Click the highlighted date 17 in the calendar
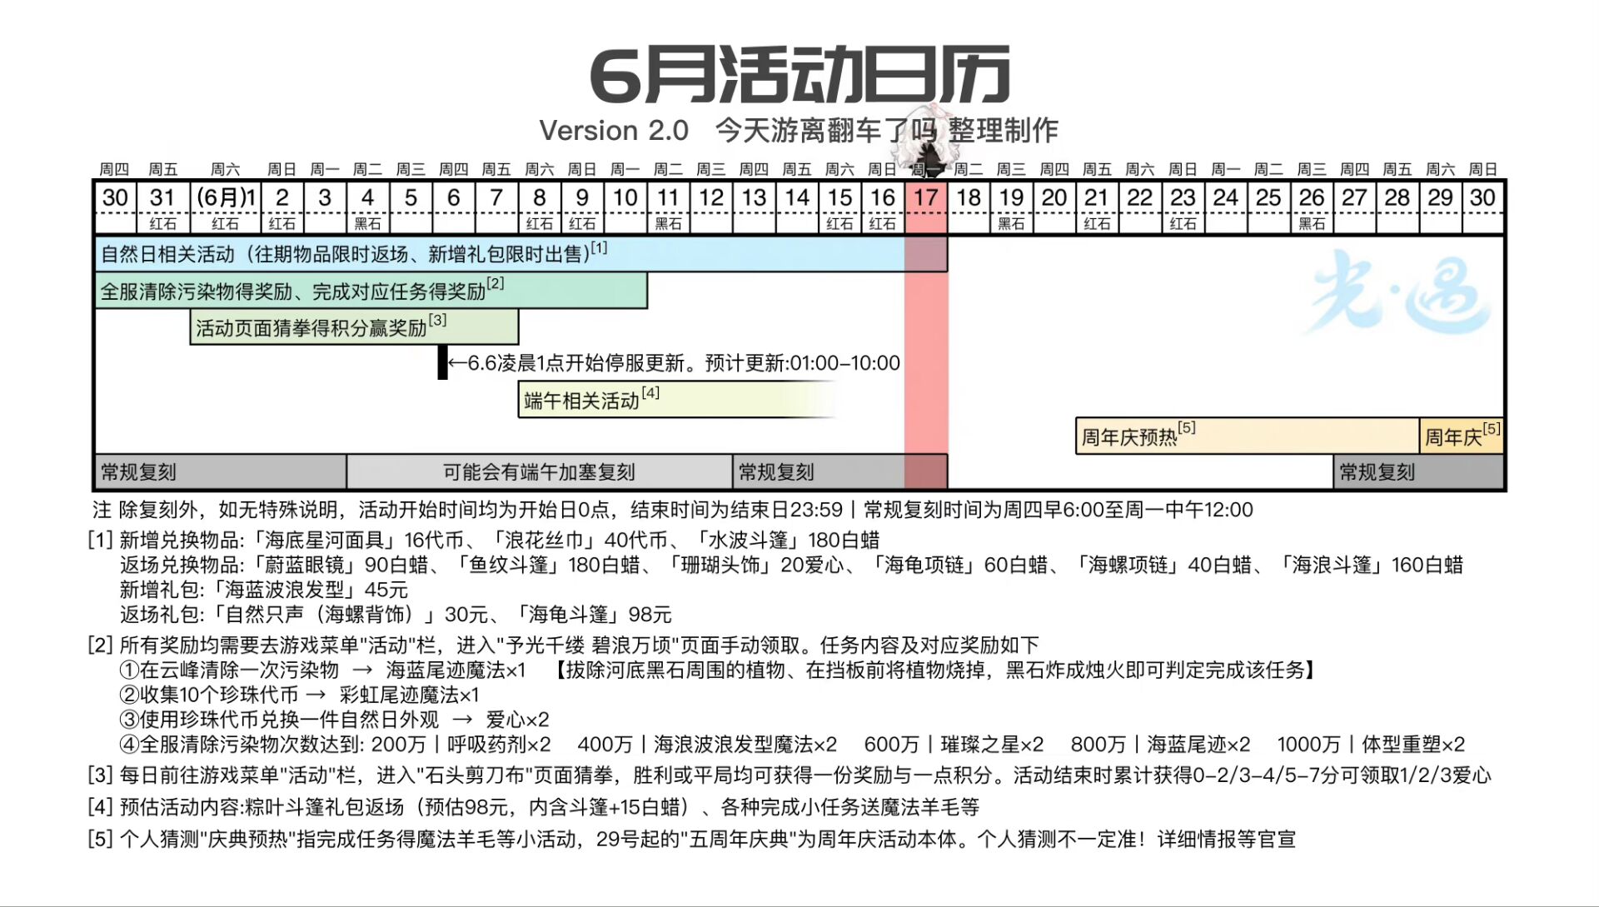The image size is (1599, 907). tap(925, 198)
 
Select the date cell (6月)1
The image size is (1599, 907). tap(226, 198)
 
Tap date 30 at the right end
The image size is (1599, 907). tap(1482, 198)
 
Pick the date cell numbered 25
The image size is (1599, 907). tap(1268, 198)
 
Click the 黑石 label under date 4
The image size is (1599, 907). tap(367, 224)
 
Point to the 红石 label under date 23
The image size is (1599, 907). tap(1183, 224)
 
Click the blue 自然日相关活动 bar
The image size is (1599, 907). tap(521, 254)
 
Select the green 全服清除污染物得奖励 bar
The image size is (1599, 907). tap(371, 291)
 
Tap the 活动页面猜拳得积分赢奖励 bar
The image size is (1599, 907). tap(355, 327)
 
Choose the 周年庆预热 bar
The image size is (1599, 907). tap(1248, 436)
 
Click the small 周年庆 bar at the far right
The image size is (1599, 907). tap(1462, 436)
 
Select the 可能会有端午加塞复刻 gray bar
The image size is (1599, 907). tap(540, 472)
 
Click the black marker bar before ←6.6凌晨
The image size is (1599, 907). tap(443, 362)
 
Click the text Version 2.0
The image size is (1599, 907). tap(614, 131)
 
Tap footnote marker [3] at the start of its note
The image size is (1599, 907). tap(100, 775)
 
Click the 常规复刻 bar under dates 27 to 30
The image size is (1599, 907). tap(1419, 472)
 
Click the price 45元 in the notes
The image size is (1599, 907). tap(386, 590)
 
